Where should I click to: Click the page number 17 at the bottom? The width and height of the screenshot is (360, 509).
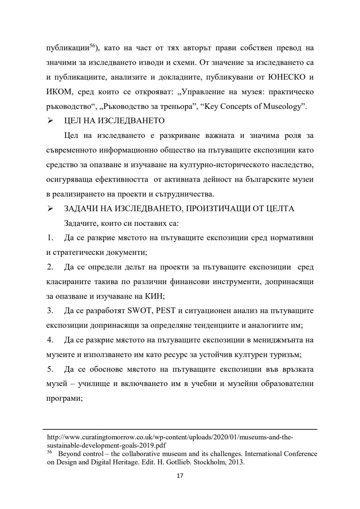click(180, 476)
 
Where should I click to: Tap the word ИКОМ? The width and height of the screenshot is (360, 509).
click(59, 92)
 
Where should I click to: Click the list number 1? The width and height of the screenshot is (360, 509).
click(50, 238)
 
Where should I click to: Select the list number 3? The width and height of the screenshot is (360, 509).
click(50, 311)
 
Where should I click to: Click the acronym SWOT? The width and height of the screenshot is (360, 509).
click(140, 311)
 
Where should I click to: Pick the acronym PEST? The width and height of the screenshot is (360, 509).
click(166, 311)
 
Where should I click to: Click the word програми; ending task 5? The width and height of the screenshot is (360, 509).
click(64, 398)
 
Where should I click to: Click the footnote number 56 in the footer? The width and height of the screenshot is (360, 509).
click(50, 452)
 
